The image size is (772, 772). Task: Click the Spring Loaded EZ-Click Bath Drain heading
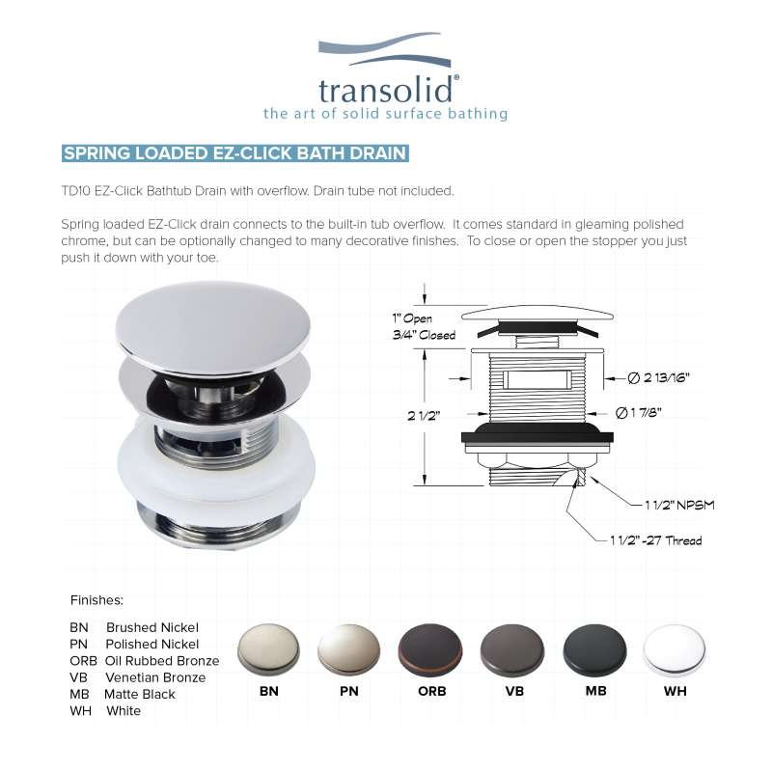[234, 153]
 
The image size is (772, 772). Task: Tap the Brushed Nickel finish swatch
[268, 649]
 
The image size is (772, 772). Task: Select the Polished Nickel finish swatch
[348, 649]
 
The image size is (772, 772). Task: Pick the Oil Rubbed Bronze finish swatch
[430, 649]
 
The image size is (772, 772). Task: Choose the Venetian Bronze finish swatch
[512, 649]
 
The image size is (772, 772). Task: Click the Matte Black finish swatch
[594, 649]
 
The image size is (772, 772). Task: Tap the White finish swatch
[674, 649]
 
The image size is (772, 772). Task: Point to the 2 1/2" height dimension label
[424, 416]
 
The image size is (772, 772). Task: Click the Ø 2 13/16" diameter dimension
[658, 377]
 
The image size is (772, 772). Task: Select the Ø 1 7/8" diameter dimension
[639, 413]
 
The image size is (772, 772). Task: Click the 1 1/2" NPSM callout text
[679, 505]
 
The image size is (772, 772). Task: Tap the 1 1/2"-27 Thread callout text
[656, 540]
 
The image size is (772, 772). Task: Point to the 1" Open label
[412, 318]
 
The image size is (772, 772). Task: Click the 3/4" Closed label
[424, 335]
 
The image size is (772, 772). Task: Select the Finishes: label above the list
[96, 600]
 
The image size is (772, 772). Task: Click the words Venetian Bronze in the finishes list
[155, 677]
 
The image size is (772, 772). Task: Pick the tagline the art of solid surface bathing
[385, 114]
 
